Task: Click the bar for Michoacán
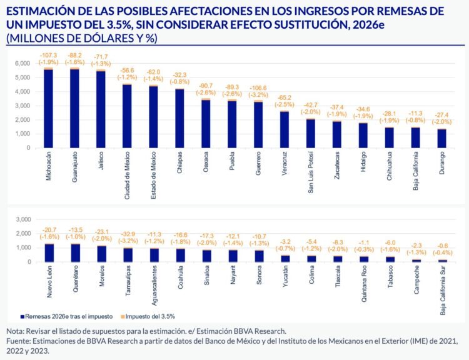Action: click(x=48, y=109)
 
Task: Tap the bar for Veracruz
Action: click(x=285, y=129)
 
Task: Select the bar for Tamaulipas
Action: click(x=127, y=255)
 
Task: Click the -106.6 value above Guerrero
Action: click(x=258, y=87)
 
